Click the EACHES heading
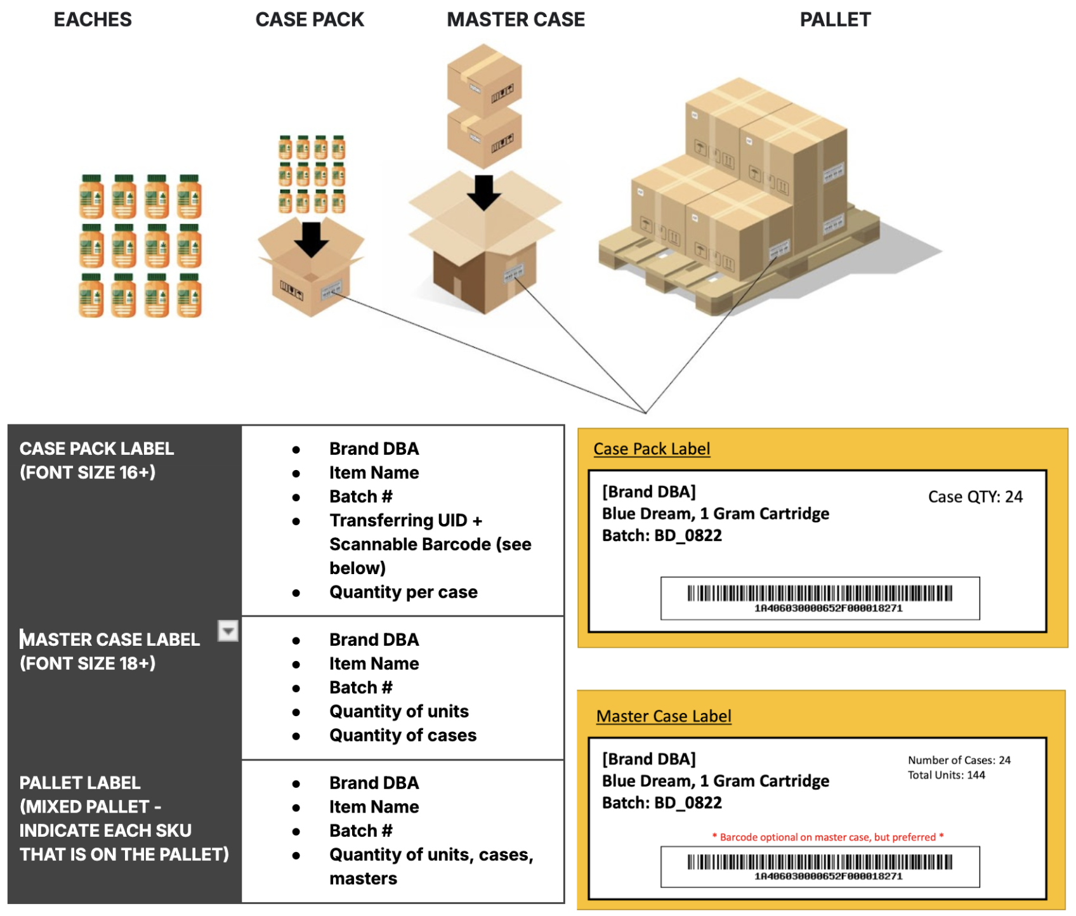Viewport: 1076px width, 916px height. point(93,20)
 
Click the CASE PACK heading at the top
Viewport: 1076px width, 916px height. point(310,20)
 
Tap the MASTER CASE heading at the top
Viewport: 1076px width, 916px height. point(516,20)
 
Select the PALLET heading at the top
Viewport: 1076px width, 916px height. point(835,20)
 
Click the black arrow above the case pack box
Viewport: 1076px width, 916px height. point(311,239)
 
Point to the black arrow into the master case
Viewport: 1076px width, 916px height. point(484,192)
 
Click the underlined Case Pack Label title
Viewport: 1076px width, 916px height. point(652,448)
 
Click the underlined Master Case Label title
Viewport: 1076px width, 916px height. point(664,716)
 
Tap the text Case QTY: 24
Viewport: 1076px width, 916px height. point(975,497)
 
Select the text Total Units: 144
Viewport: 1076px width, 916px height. point(946,775)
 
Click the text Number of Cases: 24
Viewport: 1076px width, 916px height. point(959,760)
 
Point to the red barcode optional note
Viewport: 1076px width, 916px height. point(828,837)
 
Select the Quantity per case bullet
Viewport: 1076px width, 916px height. point(403,592)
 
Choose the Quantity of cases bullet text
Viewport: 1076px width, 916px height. point(403,735)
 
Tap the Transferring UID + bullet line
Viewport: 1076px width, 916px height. point(405,520)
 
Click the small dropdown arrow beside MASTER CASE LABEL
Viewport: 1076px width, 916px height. point(228,631)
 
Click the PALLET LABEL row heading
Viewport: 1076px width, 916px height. point(80,783)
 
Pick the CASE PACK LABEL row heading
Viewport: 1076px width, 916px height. point(96,448)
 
